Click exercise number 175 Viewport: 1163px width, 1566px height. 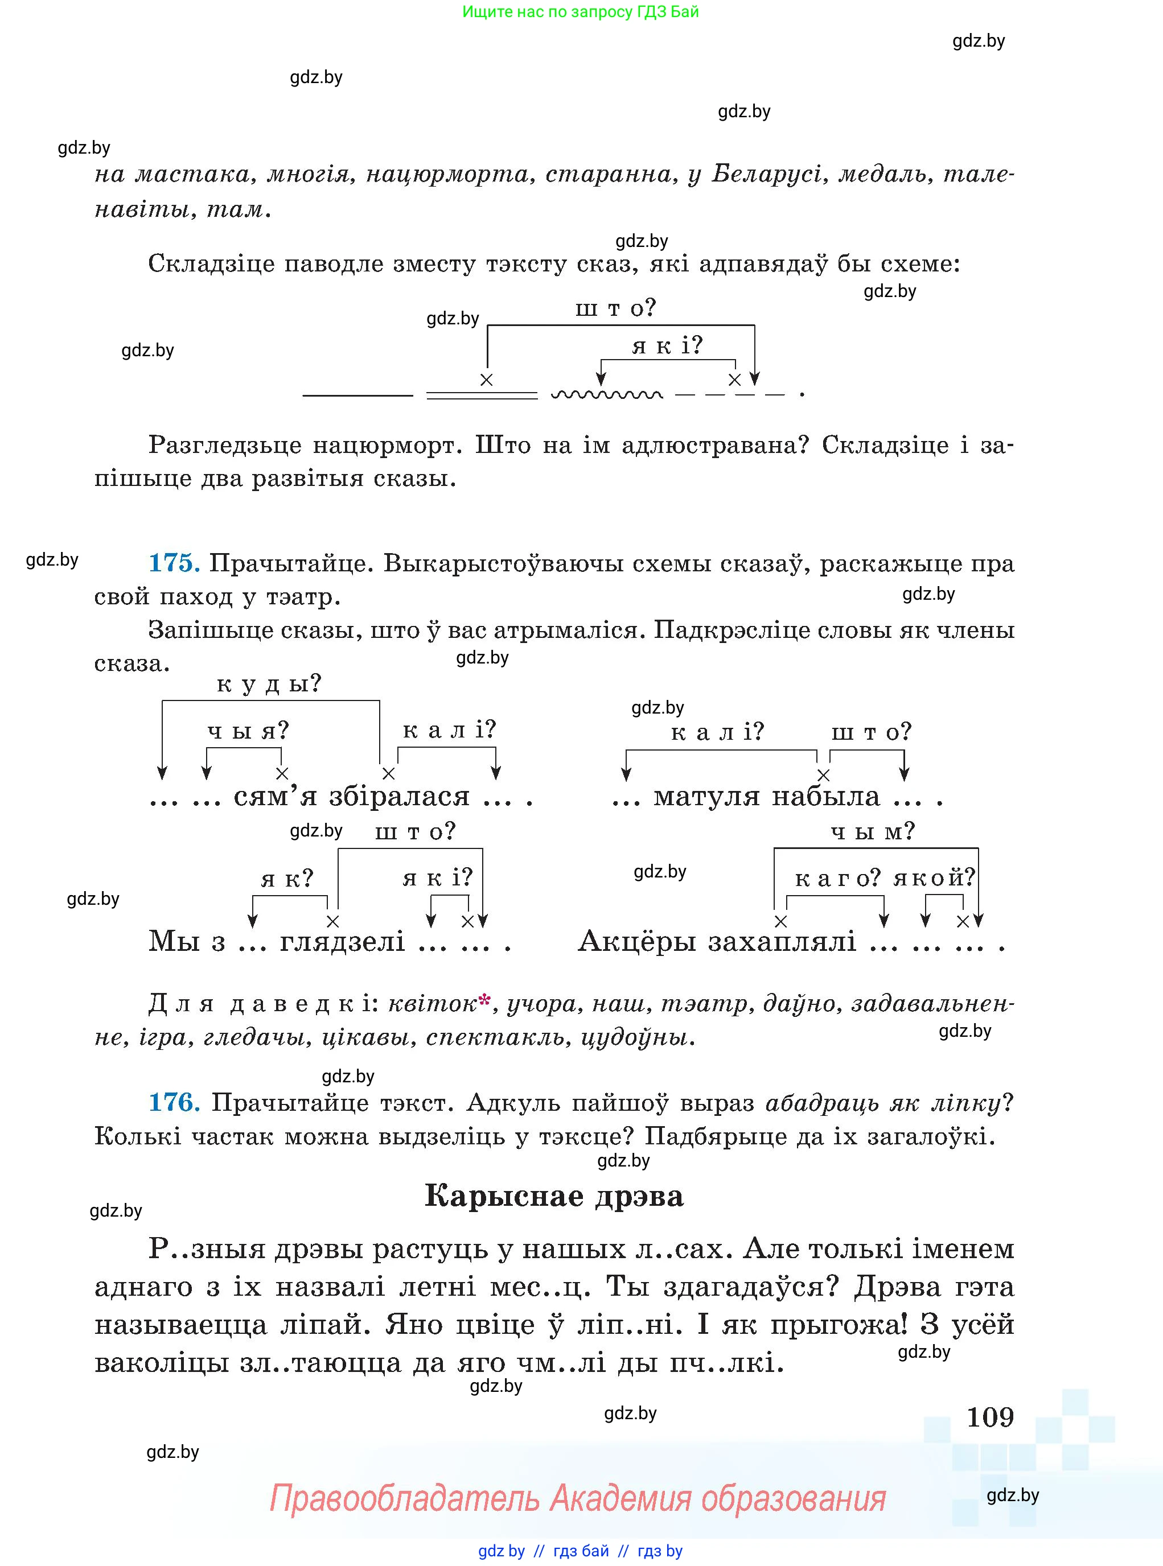click(173, 563)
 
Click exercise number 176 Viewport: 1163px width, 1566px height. click(173, 1102)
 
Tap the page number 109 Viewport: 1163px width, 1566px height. click(990, 1417)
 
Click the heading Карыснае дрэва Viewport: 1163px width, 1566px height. click(554, 1196)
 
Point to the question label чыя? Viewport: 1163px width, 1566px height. click(248, 731)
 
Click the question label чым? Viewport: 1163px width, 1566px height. click(872, 832)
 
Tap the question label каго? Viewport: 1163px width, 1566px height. click(837, 877)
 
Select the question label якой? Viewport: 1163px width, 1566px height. click(934, 877)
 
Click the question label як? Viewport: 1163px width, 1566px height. click(286, 879)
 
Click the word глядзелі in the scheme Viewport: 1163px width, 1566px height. click(342, 941)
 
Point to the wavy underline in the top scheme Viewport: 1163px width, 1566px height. click(606, 395)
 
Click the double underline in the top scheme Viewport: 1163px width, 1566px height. click(482, 395)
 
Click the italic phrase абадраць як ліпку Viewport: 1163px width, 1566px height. click(882, 1102)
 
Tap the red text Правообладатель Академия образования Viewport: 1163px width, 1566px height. click(577, 1498)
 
